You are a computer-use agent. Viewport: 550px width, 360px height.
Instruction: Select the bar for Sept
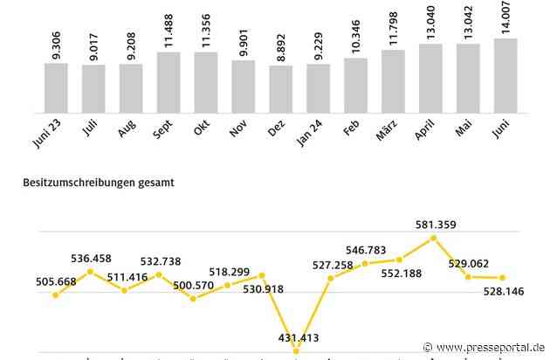click(x=168, y=71)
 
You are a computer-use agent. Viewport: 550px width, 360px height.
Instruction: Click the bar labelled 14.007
click(x=505, y=65)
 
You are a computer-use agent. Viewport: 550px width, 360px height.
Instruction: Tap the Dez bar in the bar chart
click(x=281, y=78)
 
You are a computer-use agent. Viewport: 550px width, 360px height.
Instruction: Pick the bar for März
click(x=393, y=70)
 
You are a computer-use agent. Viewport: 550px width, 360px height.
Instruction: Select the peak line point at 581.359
click(x=435, y=238)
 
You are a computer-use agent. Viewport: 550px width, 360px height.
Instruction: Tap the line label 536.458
click(x=90, y=258)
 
